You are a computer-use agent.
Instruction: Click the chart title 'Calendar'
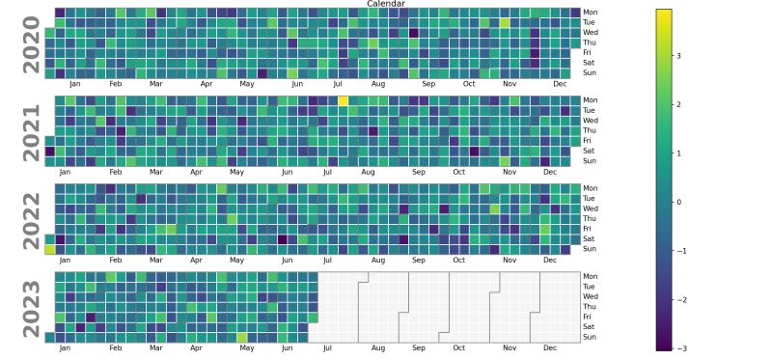click(x=386, y=4)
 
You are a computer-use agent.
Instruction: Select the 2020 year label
click(x=31, y=43)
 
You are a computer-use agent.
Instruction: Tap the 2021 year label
click(x=31, y=131)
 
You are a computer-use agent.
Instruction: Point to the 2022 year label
click(x=31, y=219)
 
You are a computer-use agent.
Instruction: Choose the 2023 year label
click(x=31, y=307)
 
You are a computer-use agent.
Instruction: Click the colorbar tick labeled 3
click(x=677, y=56)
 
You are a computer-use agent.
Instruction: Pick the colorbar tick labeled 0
click(x=677, y=202)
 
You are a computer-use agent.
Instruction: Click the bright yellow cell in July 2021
click(x=343, y=100)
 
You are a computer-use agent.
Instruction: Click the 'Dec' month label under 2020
click(x=560, y=84)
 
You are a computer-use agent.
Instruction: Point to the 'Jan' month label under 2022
click(x=65, y=260)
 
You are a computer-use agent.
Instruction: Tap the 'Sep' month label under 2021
click(x=419, y=172)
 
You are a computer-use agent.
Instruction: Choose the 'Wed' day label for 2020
click(x=591, y=33)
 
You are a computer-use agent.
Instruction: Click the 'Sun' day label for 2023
click(x=590, y=337)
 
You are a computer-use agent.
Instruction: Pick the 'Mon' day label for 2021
click(x=591, y=100)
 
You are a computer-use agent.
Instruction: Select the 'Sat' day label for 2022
click(x=589, y=238)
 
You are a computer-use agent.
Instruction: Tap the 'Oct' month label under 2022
click(x=459, y=260)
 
